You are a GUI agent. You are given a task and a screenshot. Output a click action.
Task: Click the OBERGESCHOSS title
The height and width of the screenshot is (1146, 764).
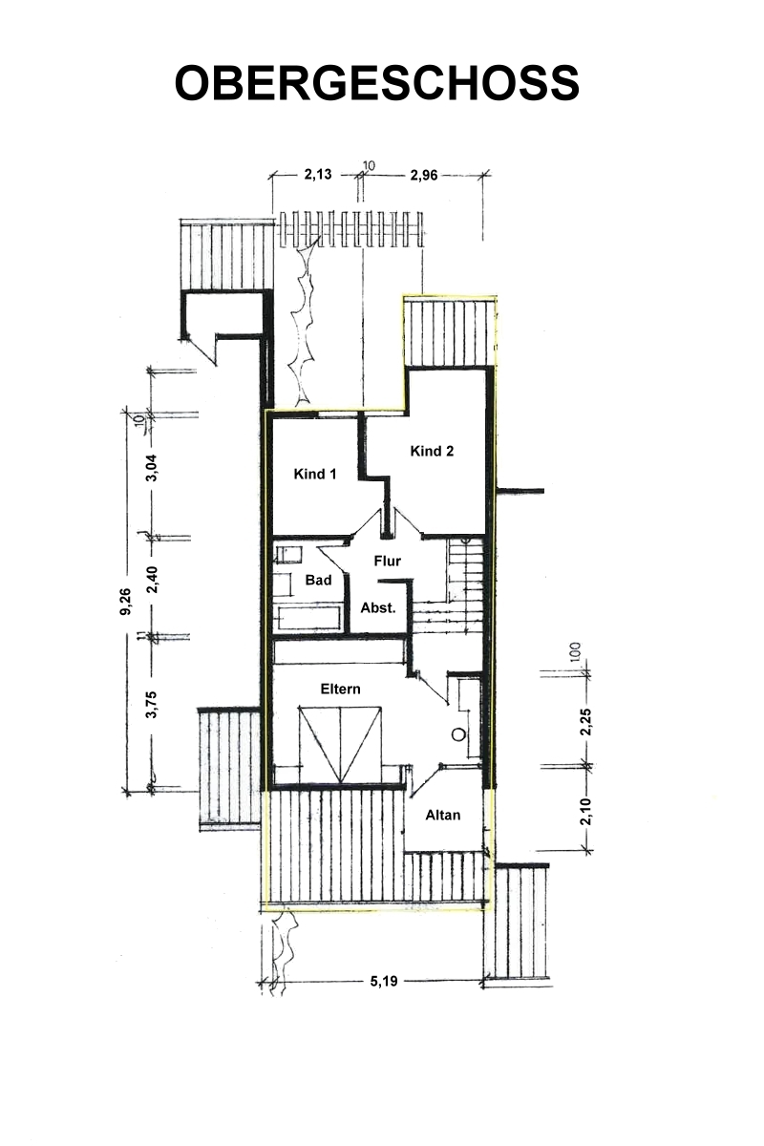pyautogui.click(x=376, y=83)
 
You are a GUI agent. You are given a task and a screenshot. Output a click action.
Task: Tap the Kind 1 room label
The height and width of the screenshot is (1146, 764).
pyautogui.click(x=315, y=474)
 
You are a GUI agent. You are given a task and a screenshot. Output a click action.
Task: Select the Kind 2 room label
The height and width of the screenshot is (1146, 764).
pyautogui.click(x=432, y=451)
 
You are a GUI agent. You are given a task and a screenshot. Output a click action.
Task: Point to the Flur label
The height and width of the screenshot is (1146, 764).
pyautogui.click(x=387, y=561)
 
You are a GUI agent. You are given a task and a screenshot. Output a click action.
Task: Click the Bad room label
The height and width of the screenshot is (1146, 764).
pyautogui.click(x=318, y=580)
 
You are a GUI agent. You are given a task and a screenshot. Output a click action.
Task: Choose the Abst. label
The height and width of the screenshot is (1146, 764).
pyautogui.click(x=378, y=607)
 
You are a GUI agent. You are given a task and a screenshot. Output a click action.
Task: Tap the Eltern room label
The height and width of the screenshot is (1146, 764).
pyautogui.click(x=340, y=689)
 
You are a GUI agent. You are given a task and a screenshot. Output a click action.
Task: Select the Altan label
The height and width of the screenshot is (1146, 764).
pyautogui.click(x=442, y=815)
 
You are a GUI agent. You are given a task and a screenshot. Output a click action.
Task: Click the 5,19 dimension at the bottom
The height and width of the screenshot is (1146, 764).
pyautogui.click(x=384, y=982)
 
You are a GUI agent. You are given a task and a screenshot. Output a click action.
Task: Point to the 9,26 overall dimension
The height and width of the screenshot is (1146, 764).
pyautogui.click(x=125, y=602)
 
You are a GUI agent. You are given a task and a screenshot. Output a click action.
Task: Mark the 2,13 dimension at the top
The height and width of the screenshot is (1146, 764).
pyautogui.click(x=318, y=175)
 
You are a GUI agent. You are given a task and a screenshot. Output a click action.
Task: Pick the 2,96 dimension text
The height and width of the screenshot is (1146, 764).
pyautogui.click(x=424, y=176)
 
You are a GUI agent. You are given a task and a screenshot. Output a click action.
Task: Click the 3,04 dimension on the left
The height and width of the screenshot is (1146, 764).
pyautogui.click(x=152, y=468)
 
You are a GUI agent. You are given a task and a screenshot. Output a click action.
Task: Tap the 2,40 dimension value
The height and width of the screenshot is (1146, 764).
pyautogui.click(x=152, y=580)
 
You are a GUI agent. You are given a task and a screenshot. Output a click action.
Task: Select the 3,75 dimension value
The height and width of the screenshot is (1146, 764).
pyautogui.click(x=152, y=705)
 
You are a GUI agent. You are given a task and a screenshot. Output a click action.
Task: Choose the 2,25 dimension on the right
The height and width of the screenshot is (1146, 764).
pyautogui.click(x=585, y=722)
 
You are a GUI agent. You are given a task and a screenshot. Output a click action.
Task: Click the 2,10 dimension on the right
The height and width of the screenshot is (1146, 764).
pyautogui.click(x=586, y=812)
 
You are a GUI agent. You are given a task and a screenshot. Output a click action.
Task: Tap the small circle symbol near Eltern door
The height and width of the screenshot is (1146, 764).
pyautogui.click(x=458, y=734)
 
